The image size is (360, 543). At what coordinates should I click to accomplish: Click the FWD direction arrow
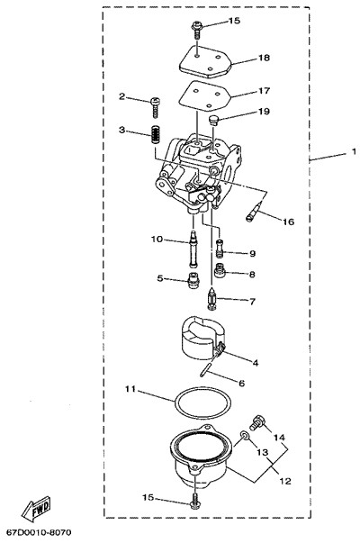[x=36, y=509]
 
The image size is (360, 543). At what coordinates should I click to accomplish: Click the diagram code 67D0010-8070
[x=39, y=531]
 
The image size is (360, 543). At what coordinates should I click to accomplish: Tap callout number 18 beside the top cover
[x=264, y=58]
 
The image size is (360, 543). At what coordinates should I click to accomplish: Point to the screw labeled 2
[x=156, y=106]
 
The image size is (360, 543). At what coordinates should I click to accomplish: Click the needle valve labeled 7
[x=211, y=297]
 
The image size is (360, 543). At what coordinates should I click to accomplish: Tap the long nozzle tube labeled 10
[x=193, y=249]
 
